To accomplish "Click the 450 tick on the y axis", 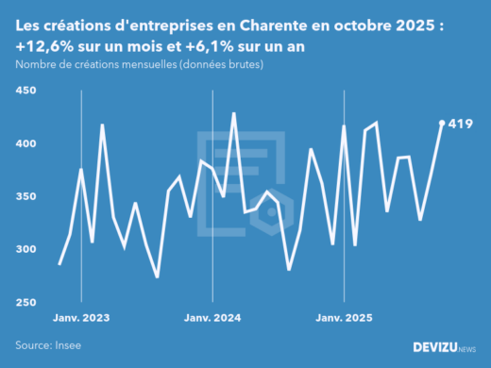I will (x=25, y=91).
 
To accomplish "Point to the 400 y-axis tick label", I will (x=25, y=143).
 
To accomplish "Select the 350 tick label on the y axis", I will (x=25, y=196).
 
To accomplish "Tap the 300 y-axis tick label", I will (x=25, y=249).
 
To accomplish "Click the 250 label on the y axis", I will (x=25, y=302).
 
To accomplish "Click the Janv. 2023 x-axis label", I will (x=80, y=318).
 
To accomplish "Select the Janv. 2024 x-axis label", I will (x=212, y=318).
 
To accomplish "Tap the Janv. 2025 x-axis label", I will (x=343, y=318).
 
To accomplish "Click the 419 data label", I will (x=461, y=124).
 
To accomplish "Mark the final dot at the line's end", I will (x=442, y=123).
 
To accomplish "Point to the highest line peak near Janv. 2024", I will (x=233, y=113).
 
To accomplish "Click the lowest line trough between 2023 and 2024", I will (x=157, y=277).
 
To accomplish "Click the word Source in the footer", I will (x=32, y=345).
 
